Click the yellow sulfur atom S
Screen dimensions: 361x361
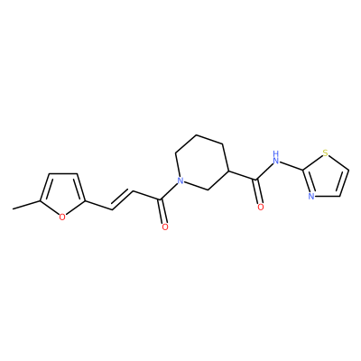coord(325,153)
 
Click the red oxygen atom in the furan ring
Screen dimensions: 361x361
coord(62,217)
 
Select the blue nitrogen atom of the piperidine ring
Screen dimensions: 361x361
coord(180,180)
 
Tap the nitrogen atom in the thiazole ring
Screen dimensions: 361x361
coord(311,197)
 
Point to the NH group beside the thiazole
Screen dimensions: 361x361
coord(275,157)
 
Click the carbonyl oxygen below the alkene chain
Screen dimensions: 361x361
coord(164,227)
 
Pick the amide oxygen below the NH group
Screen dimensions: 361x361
coord(261,207)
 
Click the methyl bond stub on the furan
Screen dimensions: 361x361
coord(26,205)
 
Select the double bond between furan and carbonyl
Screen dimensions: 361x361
coord(123,199)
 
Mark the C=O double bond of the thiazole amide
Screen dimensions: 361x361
coord(258,191)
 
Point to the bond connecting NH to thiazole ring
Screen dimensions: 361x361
coord(291,166)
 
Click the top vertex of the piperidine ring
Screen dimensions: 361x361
coord(196,134)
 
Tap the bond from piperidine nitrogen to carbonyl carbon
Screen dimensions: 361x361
coord(170,190)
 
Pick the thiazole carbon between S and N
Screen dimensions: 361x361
coord(302,171)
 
